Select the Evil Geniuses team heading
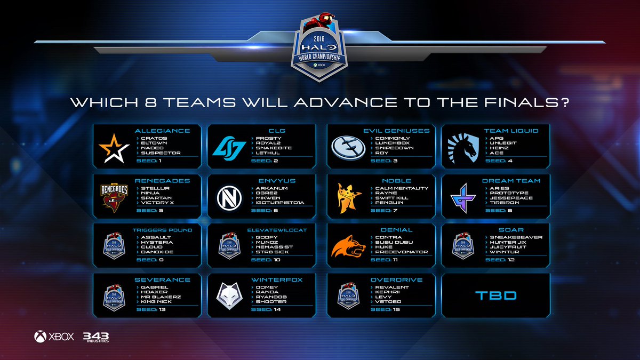point(404,130)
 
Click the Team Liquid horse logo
point(463,147)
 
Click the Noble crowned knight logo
point(347,197)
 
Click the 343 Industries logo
point(95,337)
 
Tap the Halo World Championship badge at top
point(320,51)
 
